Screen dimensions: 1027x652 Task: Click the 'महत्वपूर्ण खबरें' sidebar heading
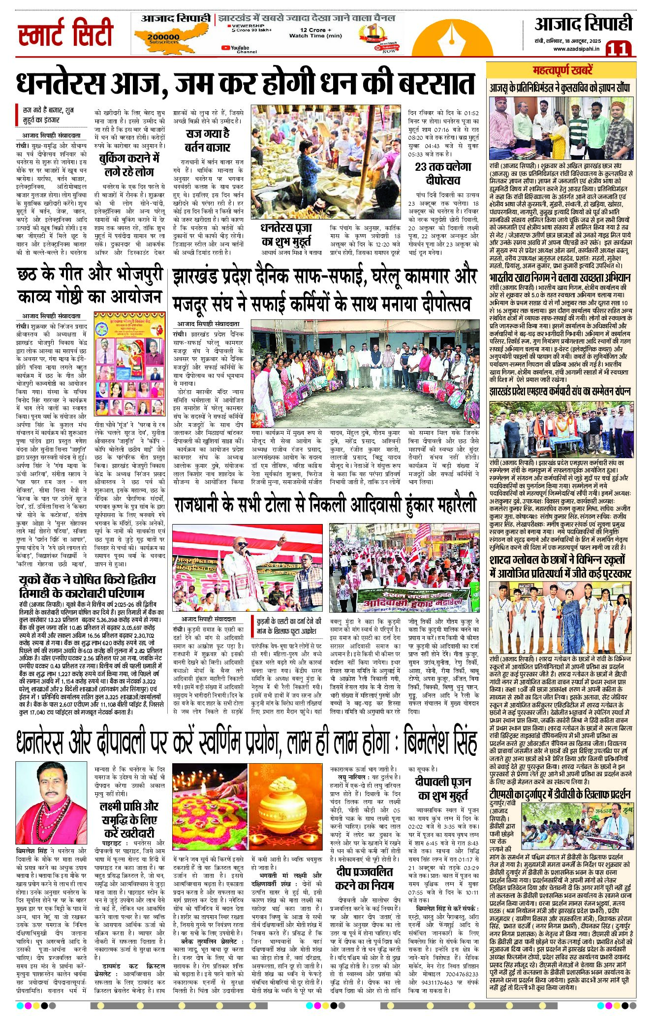[x=562, y=70]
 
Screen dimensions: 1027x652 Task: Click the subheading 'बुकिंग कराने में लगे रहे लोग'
[x=129, y=165]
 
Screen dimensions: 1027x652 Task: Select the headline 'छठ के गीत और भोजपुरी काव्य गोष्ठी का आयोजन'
[x=90, y=286]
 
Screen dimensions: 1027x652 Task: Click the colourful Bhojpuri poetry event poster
[x=129, y=363]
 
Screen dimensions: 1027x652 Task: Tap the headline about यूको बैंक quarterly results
[x=88, y=586]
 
